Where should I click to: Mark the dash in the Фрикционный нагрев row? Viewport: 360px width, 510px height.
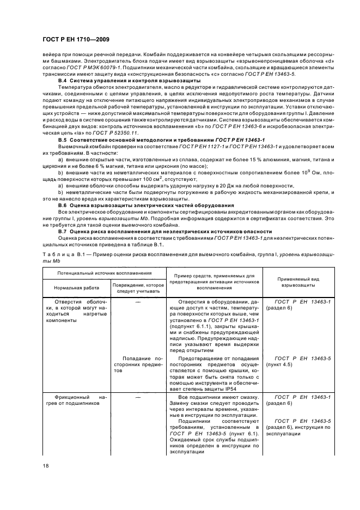(x=138, y=397)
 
